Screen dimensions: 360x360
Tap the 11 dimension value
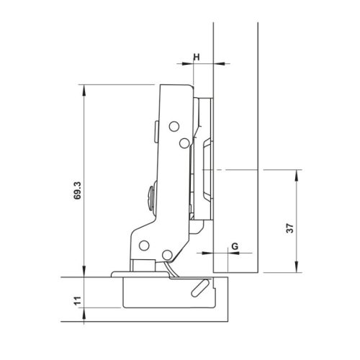pyautogui.click(x=77, y=300)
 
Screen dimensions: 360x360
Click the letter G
pyautogui.click(x=233, y=246)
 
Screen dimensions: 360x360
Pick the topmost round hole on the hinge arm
pyautogui.click(x=173, y=127)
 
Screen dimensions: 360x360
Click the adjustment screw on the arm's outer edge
pyautogui.click(x=150, y=196)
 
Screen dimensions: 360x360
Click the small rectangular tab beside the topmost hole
pyautogui.click(x=157, y=130)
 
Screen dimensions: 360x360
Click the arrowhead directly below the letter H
pyautogui.click(x=198, y=65)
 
